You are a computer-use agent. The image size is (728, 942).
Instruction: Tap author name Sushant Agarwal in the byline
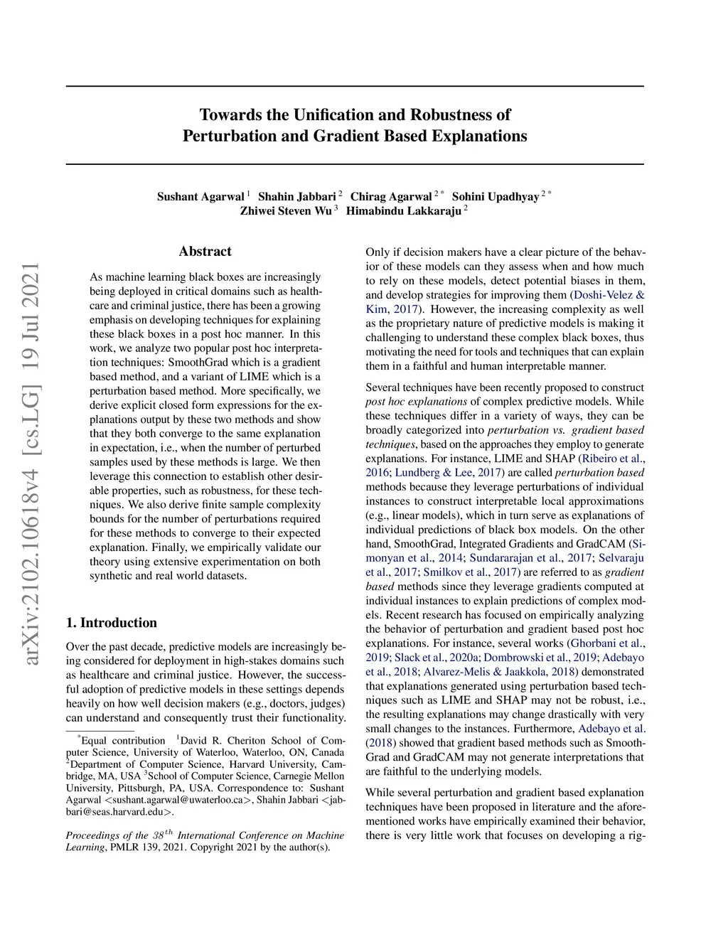[x=200, y=197]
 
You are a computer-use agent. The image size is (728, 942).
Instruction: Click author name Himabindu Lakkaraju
[x=403, y=211]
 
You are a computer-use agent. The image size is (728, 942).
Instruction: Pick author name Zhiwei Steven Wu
[x=286, y=211]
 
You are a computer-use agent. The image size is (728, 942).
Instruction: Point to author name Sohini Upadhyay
[x=496, y=197]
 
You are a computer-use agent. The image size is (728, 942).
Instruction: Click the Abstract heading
[x=205, y=251]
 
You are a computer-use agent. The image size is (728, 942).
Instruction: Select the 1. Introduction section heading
[x=111, y=623]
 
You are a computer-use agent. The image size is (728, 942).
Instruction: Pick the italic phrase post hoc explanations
[x=417, y=402]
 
